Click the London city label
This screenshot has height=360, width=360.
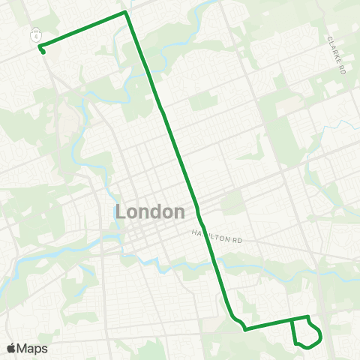pyautogui.click(x=151, y=212)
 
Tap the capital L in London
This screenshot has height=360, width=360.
pyautogui.click(x=122, y=212)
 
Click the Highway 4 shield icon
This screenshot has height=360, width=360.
pyautogui.click(x=34, y=34)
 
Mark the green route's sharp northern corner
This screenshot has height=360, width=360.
pyautogui.click(x=125, y=12)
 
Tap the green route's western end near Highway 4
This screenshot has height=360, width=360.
pyautogui.click(x=42, y=52)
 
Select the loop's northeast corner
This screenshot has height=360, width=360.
pyautogui.click(x=309, y=317)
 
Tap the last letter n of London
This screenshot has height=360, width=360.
pyautogui.click(x=179, y=212)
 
